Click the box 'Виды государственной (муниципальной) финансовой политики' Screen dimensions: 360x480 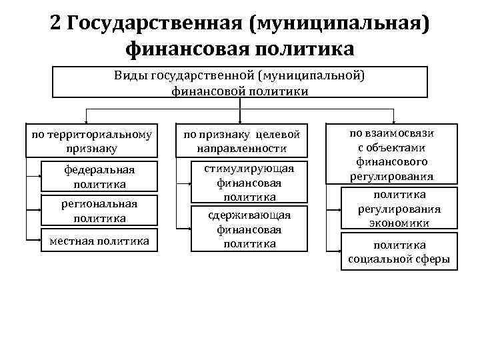[x=239, y=83]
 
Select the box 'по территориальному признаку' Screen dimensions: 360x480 [x=92, y=141]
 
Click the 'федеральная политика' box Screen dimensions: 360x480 [x=99, y=177]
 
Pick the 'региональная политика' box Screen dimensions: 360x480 [x=99, y=211]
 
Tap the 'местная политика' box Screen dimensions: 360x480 [x=99, y=241]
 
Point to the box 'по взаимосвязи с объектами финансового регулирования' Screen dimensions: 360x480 [x=391, y=155]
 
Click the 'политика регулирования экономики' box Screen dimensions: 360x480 [x=399, y=208]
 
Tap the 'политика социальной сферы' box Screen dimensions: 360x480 [x=399, y=252]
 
